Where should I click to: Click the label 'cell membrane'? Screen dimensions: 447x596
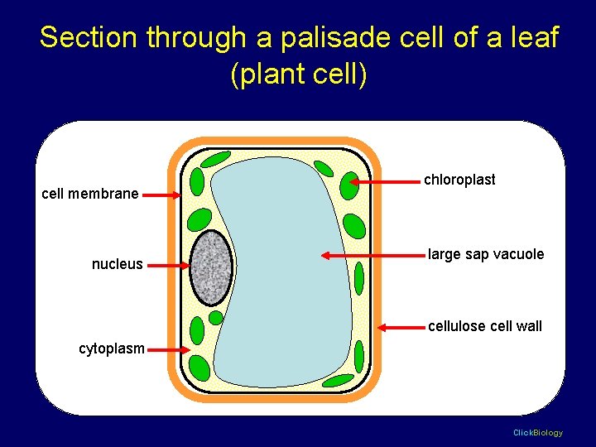[x=90, y=194]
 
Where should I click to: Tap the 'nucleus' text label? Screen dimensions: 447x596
[x=117, y=265]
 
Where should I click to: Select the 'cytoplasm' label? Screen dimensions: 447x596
[x=111, y=348]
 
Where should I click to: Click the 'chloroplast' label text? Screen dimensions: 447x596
[x=459, y=180]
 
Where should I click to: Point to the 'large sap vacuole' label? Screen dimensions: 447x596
[x=486, y=254]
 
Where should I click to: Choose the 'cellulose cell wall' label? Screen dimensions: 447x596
[x=485, y=326]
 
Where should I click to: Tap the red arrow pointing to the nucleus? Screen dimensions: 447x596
[x=168, y=266]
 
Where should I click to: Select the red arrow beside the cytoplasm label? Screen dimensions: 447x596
[x=169, y=350]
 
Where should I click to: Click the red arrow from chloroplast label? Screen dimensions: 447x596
[x=384, y=181]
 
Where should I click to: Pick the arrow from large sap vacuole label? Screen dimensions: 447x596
[x=372, y=256]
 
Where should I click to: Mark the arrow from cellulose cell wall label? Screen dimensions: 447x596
[x=401, y=328]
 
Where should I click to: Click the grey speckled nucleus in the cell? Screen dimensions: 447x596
[x=211, y=267]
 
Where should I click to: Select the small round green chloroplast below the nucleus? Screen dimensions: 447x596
[x=216, y=318]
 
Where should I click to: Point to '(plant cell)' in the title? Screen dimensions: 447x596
[x=298, y=74]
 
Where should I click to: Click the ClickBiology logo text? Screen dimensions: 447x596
[x=537, y=433]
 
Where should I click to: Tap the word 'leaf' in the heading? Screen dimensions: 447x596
[x=535, y=38]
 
